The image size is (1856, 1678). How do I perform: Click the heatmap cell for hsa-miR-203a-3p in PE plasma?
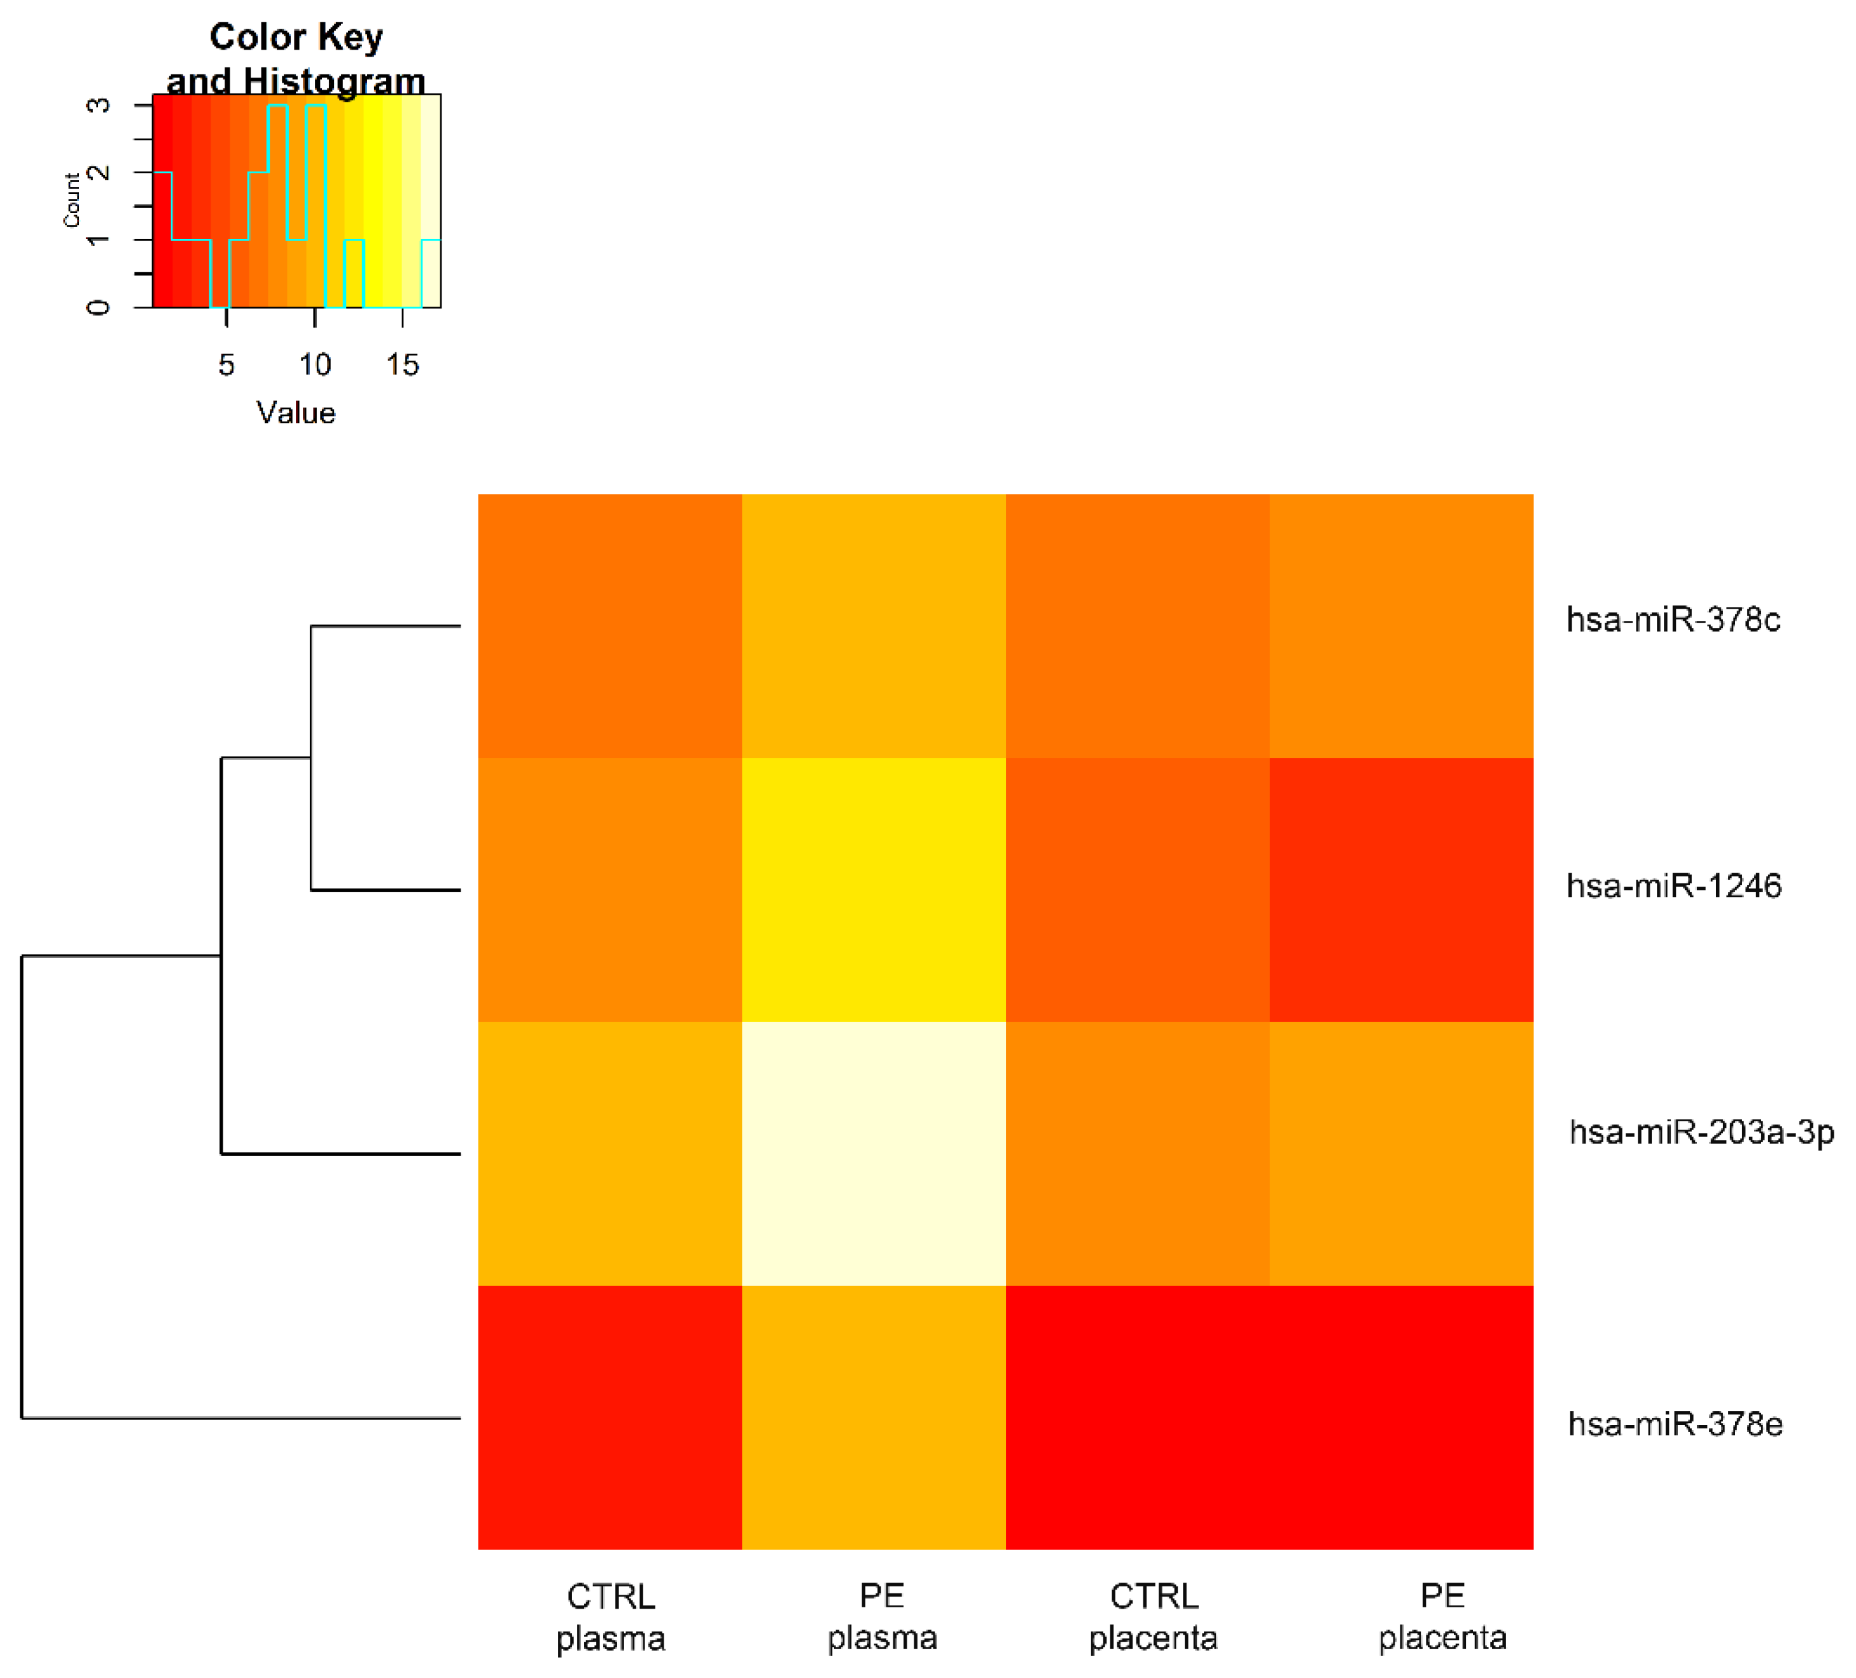873,1153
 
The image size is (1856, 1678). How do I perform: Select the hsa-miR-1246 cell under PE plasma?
873,890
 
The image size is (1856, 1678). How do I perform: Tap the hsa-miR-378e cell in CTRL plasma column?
610,1417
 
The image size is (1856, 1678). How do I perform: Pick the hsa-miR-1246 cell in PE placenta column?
1401,890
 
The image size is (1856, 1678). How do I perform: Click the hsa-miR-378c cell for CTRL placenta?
1137,626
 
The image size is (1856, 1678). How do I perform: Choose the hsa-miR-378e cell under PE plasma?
873,1417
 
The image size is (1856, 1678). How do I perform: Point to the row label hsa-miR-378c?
1673,620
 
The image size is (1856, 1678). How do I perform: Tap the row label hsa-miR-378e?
1675,1424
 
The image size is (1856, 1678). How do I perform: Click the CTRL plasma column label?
610,1616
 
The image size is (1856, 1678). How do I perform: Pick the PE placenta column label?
1442,1616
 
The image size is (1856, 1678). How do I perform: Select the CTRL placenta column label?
1153,1616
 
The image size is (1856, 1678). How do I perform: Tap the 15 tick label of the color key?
402,365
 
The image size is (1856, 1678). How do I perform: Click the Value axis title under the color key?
295,412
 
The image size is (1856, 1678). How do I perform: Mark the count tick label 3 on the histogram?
97,105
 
